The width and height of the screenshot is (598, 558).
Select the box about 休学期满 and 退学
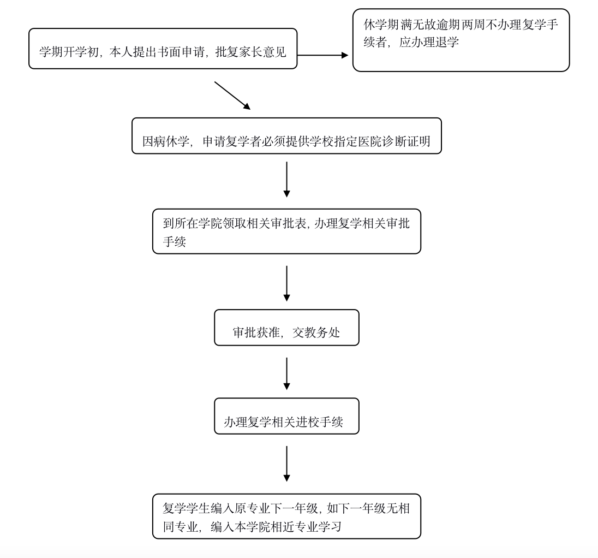click(461, 40)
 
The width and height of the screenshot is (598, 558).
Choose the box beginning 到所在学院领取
click(286, 231)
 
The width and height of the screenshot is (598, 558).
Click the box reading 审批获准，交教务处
click(286, 328)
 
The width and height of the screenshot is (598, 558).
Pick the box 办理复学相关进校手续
click(286, 416)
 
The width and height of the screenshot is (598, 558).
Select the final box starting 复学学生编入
click(286, 517)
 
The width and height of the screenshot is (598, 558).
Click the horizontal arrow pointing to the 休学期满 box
click(322, 55)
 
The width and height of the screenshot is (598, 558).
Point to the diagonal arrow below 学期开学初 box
click(232, 96)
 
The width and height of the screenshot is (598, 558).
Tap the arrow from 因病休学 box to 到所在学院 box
click(286, 179)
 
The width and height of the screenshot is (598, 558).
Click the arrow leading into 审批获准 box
click(286, 283)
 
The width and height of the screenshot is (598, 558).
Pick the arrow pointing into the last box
click(286, 464)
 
